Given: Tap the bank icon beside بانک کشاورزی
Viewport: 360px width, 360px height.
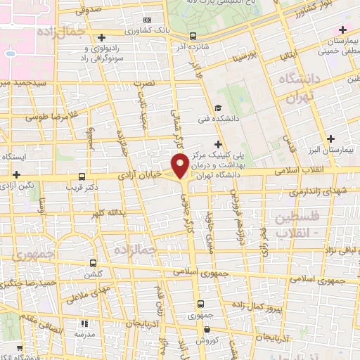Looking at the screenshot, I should tap(146, 20).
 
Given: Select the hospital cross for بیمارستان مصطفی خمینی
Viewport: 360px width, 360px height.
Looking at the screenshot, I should tap(342, 30).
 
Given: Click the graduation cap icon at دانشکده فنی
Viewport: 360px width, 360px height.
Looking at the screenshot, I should tap(219, 108).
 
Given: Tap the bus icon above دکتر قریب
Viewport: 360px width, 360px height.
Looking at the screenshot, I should tap(83, 176).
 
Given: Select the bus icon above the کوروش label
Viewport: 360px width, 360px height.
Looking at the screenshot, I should tap(202, 304).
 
